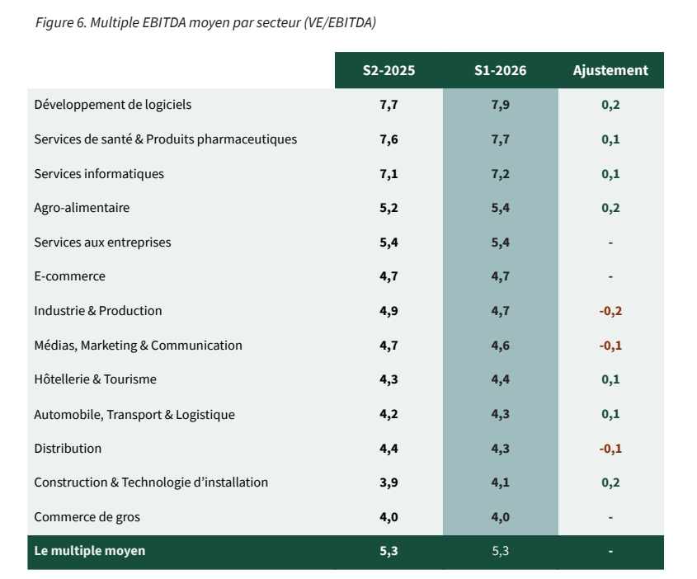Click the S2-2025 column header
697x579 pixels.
pos(389,70)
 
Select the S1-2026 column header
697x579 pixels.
pos(500,70)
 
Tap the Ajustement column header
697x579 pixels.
pos(610,70)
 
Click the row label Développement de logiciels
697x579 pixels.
pos(113,105)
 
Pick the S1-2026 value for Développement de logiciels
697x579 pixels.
pos(500,105)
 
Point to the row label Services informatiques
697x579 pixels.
pos(99,174)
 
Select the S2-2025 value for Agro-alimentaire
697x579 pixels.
pos(389,208)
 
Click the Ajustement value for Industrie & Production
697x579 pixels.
pos(610,311)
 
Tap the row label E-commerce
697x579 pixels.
pos(70,276)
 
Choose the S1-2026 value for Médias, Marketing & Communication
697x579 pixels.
pos(500,346)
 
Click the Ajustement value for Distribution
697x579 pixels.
pos(610,449)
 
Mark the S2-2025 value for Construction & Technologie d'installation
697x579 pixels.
pos(389,482)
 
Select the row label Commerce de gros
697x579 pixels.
pos(87,517)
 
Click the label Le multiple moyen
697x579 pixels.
pos(90,551)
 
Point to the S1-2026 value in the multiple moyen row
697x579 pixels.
pos(500,552)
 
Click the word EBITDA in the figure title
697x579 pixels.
pos(164,22)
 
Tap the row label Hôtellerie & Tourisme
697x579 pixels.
pos(96,379)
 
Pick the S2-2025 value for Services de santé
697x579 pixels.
pos(389,139)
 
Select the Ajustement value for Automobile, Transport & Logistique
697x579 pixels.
pos(610,414)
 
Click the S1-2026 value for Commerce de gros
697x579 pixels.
pos(500,517)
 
